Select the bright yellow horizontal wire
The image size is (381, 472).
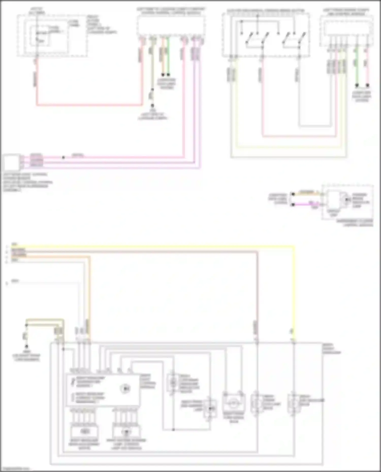(152, 246)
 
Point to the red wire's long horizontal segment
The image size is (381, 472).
(89, 104)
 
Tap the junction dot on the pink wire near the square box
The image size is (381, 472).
(63, 158)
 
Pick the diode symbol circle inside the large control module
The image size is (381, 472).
(125, 389)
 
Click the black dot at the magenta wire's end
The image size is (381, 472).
(293, 204)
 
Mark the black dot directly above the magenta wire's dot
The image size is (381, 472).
(293, 194)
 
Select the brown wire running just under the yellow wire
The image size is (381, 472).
(152, 251)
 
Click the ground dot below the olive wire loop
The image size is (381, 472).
(26, 346)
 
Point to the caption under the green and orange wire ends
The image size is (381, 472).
(166, 84)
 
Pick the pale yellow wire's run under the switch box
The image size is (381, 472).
(287, 147)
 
